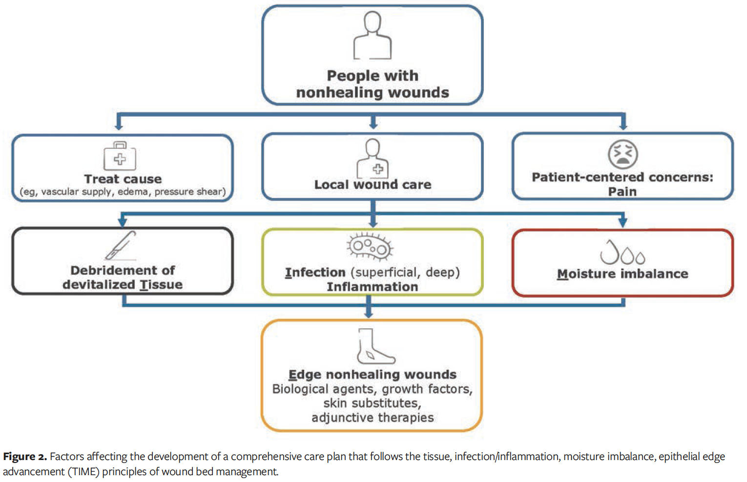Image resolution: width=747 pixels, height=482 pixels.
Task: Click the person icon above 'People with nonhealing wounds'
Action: (373, 35)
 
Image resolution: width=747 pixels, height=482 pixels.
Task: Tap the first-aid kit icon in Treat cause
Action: (120, 156)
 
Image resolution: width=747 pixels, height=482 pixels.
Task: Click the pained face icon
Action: (622, 154)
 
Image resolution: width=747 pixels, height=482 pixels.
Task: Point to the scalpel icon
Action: (121, 245)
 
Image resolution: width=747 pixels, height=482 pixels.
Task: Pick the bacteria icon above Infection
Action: (370, 247)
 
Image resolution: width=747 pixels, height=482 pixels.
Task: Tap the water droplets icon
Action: (622, 252)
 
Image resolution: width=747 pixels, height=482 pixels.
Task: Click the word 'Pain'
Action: (622, 192)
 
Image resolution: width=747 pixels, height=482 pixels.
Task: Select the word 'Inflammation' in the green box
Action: (372, 287)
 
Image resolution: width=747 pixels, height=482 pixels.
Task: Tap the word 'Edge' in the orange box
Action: (305, 375)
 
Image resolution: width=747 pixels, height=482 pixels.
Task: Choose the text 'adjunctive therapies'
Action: (373, 418)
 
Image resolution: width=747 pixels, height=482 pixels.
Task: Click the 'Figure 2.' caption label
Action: (25, 457)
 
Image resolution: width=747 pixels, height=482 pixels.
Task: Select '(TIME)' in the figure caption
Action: (83, 472)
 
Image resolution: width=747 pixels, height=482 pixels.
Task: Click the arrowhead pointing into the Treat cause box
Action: (119, 126)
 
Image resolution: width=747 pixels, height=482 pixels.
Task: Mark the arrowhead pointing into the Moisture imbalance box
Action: (622, 223)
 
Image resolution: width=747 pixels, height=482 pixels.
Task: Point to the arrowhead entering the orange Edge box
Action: (369, 314)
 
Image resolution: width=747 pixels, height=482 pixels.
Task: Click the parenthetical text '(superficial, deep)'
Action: (405, 272)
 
